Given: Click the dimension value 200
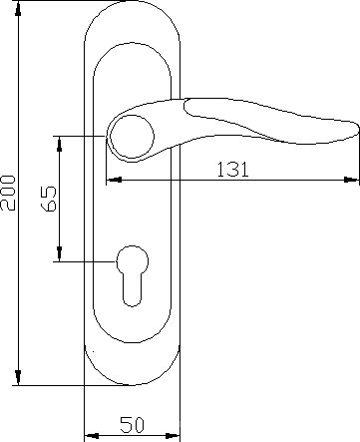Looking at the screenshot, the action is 8,193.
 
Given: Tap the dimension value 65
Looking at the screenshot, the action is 49,199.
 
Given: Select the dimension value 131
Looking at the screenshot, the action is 232,169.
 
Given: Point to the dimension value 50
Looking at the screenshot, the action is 132,425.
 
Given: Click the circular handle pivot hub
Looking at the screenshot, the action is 132,136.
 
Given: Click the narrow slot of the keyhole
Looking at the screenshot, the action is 132,288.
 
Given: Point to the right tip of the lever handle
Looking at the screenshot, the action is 358,130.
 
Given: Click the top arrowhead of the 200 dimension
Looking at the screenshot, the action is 18,8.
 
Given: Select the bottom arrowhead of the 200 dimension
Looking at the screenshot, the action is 18,378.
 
